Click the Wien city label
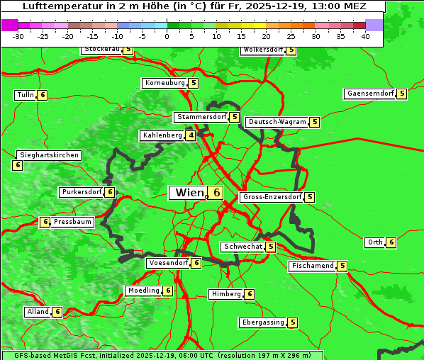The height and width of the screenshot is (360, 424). point(188,193)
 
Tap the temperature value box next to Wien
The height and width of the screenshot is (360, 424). point(216,193)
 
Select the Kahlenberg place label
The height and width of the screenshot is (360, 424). point(162,135)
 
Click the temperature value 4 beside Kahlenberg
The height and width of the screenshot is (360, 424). point(191,135)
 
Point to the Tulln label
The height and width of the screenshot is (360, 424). point(25,95)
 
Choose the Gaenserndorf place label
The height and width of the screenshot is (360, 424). point(369,94)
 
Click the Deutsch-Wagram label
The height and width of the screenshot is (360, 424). point(277,122)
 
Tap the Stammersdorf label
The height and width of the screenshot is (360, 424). point(201,117)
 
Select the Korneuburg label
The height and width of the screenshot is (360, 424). point(164,83)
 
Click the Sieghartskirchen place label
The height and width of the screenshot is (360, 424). point(48,155)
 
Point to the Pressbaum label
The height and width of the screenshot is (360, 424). point(73,222)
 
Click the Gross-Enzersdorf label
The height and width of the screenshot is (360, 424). point(272,197)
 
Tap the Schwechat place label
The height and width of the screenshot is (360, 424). point(242,247)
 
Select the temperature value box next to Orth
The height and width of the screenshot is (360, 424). point(391,242)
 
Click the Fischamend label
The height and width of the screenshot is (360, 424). point(312,266)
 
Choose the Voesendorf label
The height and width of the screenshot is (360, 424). point(168,263)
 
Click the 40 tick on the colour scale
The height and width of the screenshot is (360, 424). point(365,36)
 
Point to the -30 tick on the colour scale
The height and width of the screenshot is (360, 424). point(18,36)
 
